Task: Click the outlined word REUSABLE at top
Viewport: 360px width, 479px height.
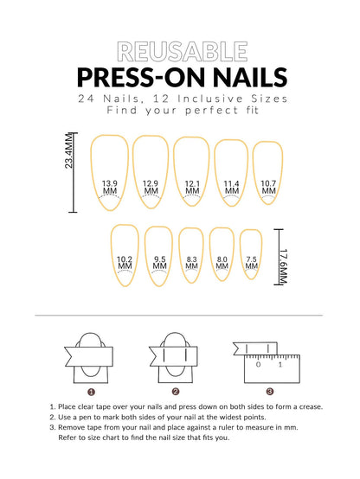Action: [x=180, y=50]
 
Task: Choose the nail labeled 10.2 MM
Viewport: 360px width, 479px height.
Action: [x=125, y=254]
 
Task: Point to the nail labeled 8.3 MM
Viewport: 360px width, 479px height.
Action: [x=191, y=254]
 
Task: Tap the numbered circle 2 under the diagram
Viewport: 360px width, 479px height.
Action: [x=176, y=390]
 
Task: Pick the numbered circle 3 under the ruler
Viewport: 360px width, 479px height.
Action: [x=269, y=390]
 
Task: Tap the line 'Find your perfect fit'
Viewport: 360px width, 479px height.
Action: [x=180, y=111]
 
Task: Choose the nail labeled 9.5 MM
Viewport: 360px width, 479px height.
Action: [x=159, y=254]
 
